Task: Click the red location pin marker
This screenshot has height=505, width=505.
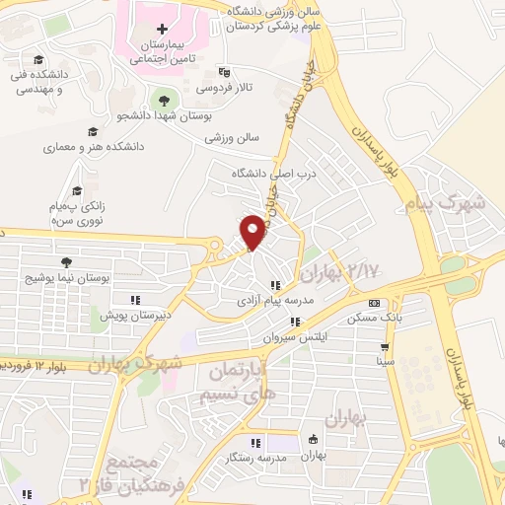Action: tap(253, 231)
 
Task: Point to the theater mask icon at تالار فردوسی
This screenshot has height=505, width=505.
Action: tap(224, 71)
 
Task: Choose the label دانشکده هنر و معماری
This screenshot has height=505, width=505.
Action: tap(93, 147)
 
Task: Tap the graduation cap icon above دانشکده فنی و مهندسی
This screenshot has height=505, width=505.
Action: tap(37, 59)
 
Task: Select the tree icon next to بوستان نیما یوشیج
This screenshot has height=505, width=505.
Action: tap(65, 262)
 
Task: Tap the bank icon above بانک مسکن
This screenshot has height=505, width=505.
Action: tap(374, 303)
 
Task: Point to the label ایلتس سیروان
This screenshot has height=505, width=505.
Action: tap(295, 336)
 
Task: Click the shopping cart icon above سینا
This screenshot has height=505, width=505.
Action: tap(385, 347)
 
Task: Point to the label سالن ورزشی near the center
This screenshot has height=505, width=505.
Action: tap(232, 138)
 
